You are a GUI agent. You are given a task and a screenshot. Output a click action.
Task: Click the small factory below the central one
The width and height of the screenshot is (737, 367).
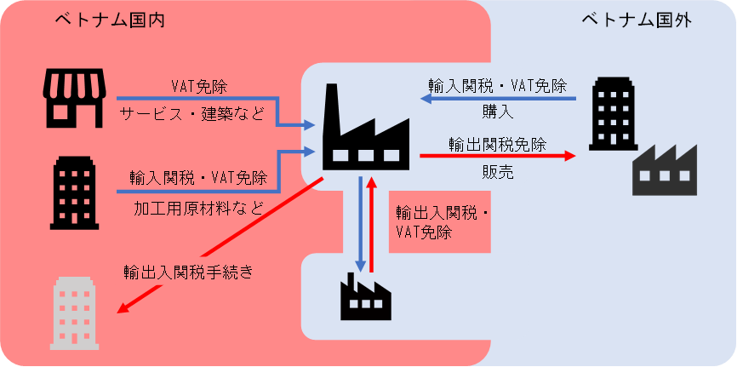click(365, 295)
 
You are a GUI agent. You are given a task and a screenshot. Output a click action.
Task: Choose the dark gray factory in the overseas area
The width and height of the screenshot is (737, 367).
click(665, 169)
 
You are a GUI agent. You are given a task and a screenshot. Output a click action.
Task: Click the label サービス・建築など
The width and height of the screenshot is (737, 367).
click(192, 113)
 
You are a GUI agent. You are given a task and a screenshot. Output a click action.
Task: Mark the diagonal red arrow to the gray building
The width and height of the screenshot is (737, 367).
click(219, 245)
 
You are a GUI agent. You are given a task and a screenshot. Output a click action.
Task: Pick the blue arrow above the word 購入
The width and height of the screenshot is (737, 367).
click(499, 98)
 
